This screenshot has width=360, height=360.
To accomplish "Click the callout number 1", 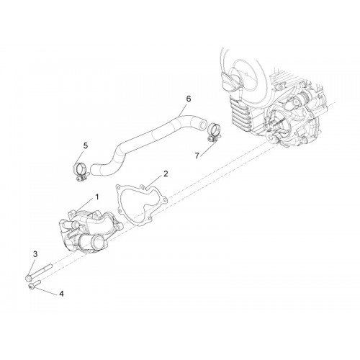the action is pyautogui.click(x=97, y=197).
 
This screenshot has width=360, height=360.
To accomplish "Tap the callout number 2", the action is pyautogui.click(x=166, y=174).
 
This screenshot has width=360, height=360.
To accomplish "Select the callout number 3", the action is pyautogui.click(x=35, y=254).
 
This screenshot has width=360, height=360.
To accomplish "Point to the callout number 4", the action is pyautogui.click(x=61, y=294).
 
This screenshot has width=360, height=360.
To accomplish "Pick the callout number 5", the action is pyautogui.click(x=86, y=145).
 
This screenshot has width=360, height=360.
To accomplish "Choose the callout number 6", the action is pyautogui.click(x=189, y=99).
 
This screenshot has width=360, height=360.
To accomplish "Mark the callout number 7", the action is pyautogui.click(x=197, y=156).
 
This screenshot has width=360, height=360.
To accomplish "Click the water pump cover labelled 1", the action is pyautogui.click(x=90, y=230).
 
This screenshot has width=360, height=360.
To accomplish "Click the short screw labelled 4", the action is pyautogui.click(x=35, y=284).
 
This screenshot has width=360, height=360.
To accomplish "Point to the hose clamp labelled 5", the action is pyautogui.click(x=80, y=171).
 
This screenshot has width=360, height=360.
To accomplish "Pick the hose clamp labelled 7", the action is pyautogui.click(x=212, y=132).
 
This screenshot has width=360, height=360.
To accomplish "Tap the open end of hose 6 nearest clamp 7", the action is pyautogui.click(x=203, y=123).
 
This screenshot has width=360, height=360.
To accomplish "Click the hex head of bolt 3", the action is pyautogui.click(x=27, y=278).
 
